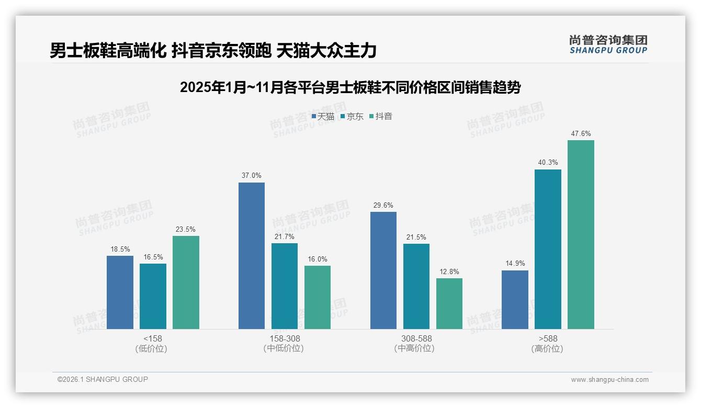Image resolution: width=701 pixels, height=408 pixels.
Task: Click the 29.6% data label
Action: (x=383, y=205)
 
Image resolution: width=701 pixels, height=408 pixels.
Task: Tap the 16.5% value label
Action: (x=153, y=257)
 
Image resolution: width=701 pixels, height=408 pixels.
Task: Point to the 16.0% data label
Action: (x=318, y=259)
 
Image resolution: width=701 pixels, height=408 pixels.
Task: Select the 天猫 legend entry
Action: (x=323, y=116)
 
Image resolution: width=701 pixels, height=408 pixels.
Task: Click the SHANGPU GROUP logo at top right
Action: (x=608, y=44)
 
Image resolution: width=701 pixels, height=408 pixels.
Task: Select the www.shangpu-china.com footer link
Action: (x=609, y=380)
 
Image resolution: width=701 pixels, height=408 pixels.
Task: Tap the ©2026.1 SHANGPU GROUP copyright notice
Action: (x=103, y=379)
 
